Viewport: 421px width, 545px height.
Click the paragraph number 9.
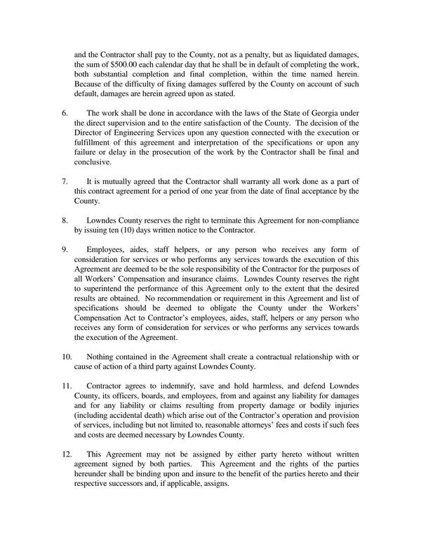click(x=65, y=249)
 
